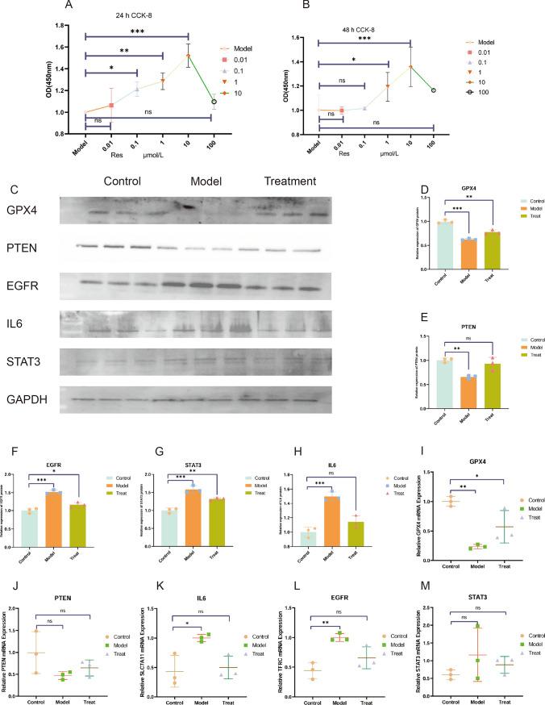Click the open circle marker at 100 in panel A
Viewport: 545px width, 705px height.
[x=214, y=102]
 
